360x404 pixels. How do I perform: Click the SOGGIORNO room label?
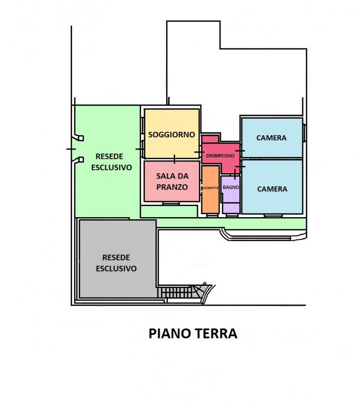pyautogui.click(x=172, y=135)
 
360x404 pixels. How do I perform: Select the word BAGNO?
pyautogui.click(x=231, y=187)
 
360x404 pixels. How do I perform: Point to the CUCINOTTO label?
pyautogui.click(x=210, y=188)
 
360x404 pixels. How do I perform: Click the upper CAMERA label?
pyautogui.click(x=271, y=137)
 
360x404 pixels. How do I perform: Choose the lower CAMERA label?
pyautogui.click(x=272, y=189)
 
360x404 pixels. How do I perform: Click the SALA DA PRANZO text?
pyautogui.click(x=172, y=181)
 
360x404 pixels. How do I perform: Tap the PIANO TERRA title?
pyautogui.click(x=192, y=333)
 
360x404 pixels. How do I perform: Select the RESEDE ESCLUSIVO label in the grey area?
pyautogui.click(x=116, y=263)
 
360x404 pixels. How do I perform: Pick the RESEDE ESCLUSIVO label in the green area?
pyautogui.click(x=111, y=162)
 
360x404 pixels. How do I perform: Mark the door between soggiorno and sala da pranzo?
pyautogui.click(x=175, y=160)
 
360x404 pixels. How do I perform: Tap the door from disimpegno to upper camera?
pyautogui.click(x=240, y=150)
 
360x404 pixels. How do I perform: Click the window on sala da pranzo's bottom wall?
pyautogui.click(x=171, y=203)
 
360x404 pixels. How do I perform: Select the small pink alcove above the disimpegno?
pyautogui.click(x=210, y=139)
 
